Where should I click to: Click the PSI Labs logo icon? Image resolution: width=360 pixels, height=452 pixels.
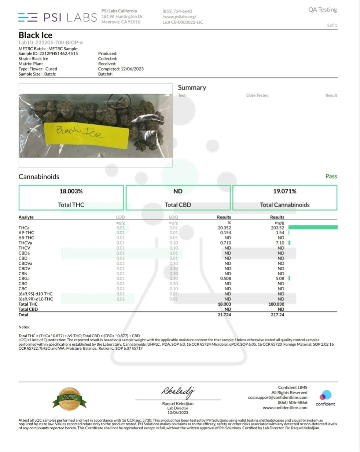28,17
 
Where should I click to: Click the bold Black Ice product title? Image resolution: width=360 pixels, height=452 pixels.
35,35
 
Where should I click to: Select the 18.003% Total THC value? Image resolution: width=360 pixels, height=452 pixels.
71,191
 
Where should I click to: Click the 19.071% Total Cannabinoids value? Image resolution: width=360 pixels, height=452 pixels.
285,191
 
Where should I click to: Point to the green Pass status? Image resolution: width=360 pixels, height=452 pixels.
331,176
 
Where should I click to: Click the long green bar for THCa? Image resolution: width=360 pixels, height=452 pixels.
313,228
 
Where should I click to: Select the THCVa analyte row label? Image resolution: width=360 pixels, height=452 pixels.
25,243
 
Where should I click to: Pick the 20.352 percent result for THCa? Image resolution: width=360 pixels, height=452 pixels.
224,228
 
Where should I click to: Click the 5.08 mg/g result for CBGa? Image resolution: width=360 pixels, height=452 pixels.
280,279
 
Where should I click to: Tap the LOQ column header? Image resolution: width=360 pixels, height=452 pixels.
173,217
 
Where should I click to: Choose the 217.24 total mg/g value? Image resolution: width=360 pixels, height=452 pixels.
277,315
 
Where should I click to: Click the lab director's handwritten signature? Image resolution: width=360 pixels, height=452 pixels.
177,392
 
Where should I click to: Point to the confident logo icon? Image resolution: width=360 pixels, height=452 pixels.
325,396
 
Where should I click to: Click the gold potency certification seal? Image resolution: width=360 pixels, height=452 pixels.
69,398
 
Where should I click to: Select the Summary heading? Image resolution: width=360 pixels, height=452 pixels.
192,87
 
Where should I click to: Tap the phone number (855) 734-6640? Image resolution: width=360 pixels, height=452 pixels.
177,11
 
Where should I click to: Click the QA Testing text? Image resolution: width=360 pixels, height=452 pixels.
322,10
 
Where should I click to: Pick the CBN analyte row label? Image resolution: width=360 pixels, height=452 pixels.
23,274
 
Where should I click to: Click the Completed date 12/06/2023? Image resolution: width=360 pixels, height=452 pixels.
132,69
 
